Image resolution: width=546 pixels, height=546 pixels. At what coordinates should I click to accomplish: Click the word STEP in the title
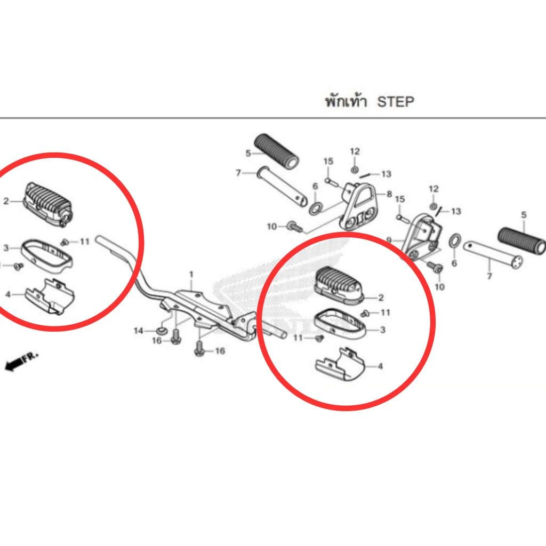pyautogui.click(x=396, y=102)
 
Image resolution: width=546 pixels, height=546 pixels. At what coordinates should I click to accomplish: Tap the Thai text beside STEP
pyautogui.click(x=346, y=101)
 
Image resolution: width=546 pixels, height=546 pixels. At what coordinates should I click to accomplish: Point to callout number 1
pyautogui.click(x=191, y=275)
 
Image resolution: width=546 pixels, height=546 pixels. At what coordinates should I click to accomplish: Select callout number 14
pyautogui.click(x=139, y=331)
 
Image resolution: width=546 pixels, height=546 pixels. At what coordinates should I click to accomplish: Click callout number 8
pyautogui.click(x=389, y=194)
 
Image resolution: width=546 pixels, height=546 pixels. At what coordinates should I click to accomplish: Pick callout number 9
pyautogui.click(x=389, y=240)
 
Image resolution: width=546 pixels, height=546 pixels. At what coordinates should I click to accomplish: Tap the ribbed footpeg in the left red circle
pyautogui.click(x=47, y=204)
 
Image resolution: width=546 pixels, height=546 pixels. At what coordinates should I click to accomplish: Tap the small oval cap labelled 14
pyautogui.click(x=162, y=330)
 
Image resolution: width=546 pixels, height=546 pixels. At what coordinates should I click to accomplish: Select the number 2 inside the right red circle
pyautogui.click(x=381, y=298)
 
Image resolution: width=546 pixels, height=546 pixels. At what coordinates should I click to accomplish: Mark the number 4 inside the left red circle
pyautogui.click(x=8, y=294)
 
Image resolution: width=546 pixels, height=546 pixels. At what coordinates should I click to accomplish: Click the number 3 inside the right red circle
pyautogui.click(x=383, y=330)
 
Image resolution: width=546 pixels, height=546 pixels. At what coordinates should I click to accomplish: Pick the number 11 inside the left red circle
pyautogui.click(x=85, y=242)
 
